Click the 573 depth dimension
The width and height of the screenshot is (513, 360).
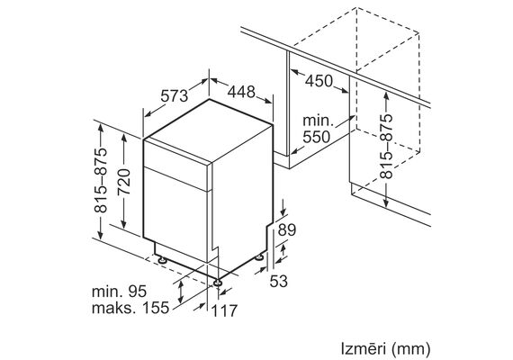point(174,96)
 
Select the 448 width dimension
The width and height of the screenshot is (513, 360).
point(241,92)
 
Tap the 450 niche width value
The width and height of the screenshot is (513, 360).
point(319,81)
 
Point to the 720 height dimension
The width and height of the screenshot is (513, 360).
point(124,182)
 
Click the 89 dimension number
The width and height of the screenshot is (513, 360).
point(287,230)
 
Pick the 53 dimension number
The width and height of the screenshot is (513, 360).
point(278,281)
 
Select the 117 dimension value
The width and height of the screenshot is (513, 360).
point(224,310)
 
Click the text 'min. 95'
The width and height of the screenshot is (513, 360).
point(119,292)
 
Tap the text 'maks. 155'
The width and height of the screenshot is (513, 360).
point(130,308)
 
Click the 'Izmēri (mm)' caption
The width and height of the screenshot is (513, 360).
point(385,349)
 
